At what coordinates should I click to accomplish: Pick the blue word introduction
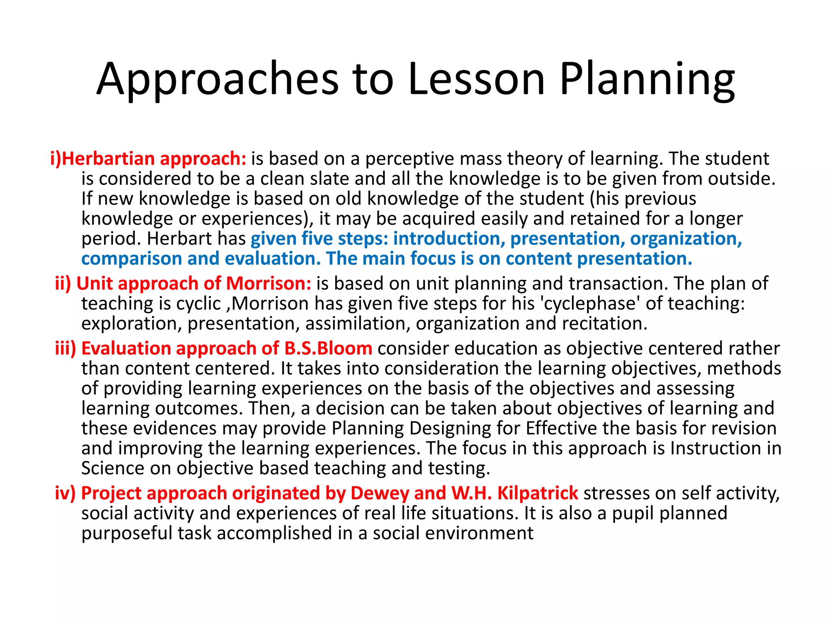point(449,238)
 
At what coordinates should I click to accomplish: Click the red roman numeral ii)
point(63,283)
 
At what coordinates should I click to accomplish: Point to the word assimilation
point(357,323)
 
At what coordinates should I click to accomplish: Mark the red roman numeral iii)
point(65,349)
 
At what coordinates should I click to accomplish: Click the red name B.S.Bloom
point(328,349)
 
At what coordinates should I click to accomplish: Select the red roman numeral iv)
point(65,493)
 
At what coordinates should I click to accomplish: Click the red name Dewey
point(380,493)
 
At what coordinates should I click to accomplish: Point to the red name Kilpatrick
point(537,493)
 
